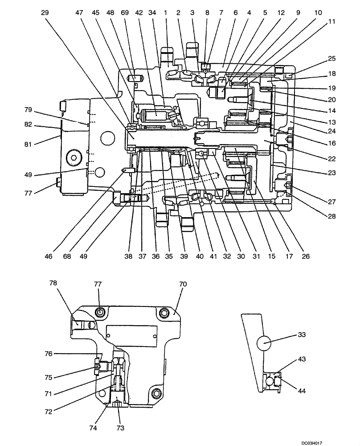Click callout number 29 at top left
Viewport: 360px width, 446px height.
45,13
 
